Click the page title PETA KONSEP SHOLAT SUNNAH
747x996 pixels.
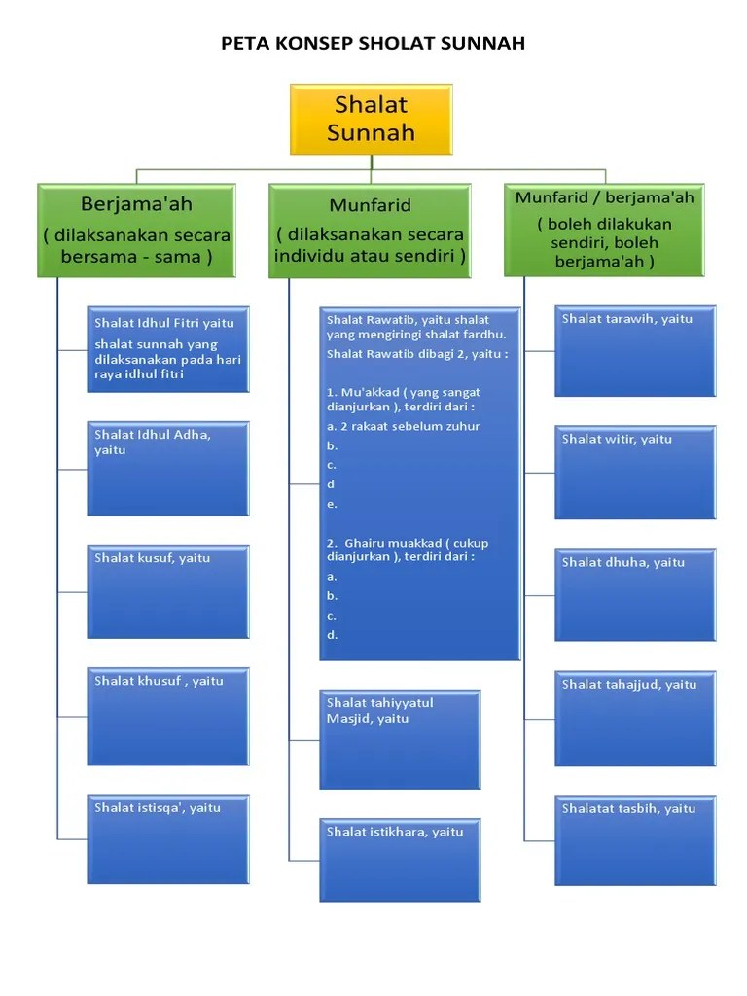point(373,43)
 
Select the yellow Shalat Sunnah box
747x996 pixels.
point(371,119)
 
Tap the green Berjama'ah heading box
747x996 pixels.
point(136,231)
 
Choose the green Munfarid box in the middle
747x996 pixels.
point(370,231)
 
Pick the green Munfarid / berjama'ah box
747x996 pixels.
point(604,230)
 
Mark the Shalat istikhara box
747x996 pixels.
point(400,860)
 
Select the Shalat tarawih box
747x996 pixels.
point(635,350)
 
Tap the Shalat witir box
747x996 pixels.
point(635,472)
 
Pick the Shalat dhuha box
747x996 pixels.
point(635,594)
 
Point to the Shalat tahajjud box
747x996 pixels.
point(635,718)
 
